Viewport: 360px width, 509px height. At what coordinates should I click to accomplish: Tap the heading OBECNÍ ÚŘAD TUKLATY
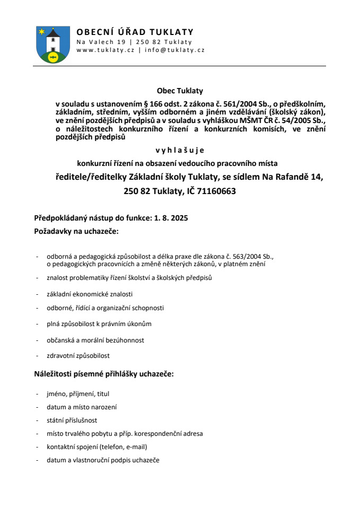click(135, 32)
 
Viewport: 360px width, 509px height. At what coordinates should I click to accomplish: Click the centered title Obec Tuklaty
click(180, 91)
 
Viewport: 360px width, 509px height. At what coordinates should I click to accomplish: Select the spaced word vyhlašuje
click(180, 150)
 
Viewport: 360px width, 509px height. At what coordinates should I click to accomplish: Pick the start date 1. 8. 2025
click(171, 218)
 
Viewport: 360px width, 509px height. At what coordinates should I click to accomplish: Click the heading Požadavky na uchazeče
click(76, 232)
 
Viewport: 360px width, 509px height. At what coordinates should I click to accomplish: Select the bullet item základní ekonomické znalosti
click(90, 294)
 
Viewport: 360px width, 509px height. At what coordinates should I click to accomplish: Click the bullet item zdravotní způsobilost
click(78, 355)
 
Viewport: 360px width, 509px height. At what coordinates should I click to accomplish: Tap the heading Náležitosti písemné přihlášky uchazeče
click(104, 374)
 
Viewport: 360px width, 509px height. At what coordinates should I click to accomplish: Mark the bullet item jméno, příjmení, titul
click(78, 394)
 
